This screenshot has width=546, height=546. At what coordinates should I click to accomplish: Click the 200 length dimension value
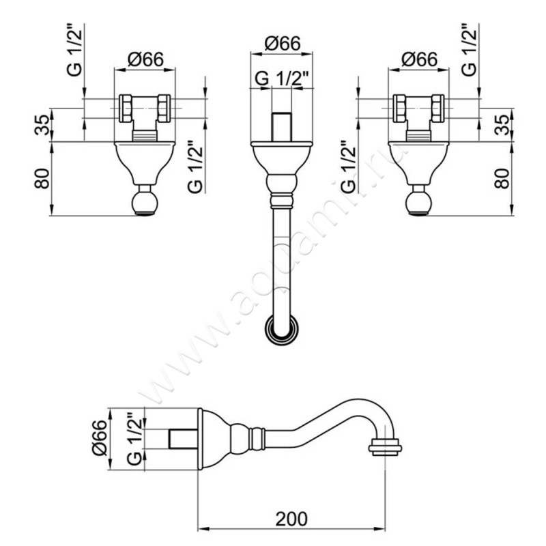291,519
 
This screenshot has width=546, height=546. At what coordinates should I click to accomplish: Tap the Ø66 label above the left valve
145,59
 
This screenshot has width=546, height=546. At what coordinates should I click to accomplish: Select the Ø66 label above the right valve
419,59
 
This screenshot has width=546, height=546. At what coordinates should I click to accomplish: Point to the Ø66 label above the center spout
282,44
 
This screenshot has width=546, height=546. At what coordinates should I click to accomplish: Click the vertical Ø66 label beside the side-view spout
100,437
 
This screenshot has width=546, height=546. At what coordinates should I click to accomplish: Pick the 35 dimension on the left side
42,125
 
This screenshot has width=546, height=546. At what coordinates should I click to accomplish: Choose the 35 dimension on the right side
502,125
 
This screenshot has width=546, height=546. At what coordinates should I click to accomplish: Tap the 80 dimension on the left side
42,178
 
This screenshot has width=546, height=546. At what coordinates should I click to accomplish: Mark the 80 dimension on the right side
502,178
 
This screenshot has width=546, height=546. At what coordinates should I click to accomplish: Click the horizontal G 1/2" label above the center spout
282,78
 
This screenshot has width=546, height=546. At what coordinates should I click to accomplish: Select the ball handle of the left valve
145,202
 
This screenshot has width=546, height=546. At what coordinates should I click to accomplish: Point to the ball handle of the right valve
419,202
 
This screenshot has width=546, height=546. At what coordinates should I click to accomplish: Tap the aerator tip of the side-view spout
385,448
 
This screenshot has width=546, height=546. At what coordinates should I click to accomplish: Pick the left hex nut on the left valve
126,109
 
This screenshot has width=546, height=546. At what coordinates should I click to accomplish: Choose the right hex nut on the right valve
437,109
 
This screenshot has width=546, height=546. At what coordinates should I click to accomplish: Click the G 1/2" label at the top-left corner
75,50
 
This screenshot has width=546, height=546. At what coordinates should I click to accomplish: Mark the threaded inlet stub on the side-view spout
183,439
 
